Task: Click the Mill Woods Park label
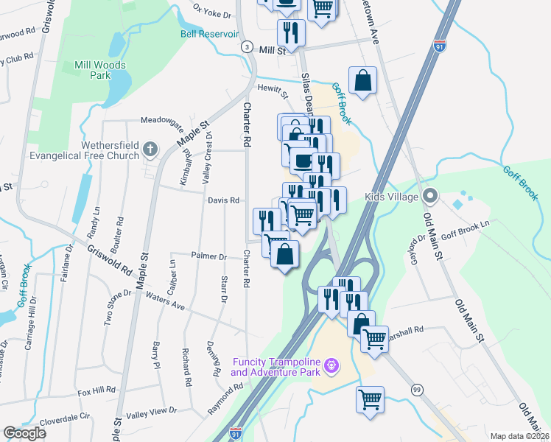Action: point(100,70)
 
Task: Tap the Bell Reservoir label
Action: point(209,34)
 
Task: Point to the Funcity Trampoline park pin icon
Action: point(331,365)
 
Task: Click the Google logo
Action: point(24,433)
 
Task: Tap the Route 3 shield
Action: point(243,46)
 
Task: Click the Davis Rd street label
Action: point(223,200)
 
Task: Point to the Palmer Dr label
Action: point(209,256)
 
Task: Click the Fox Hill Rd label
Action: point(97,390)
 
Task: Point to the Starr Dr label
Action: point(224,290)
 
